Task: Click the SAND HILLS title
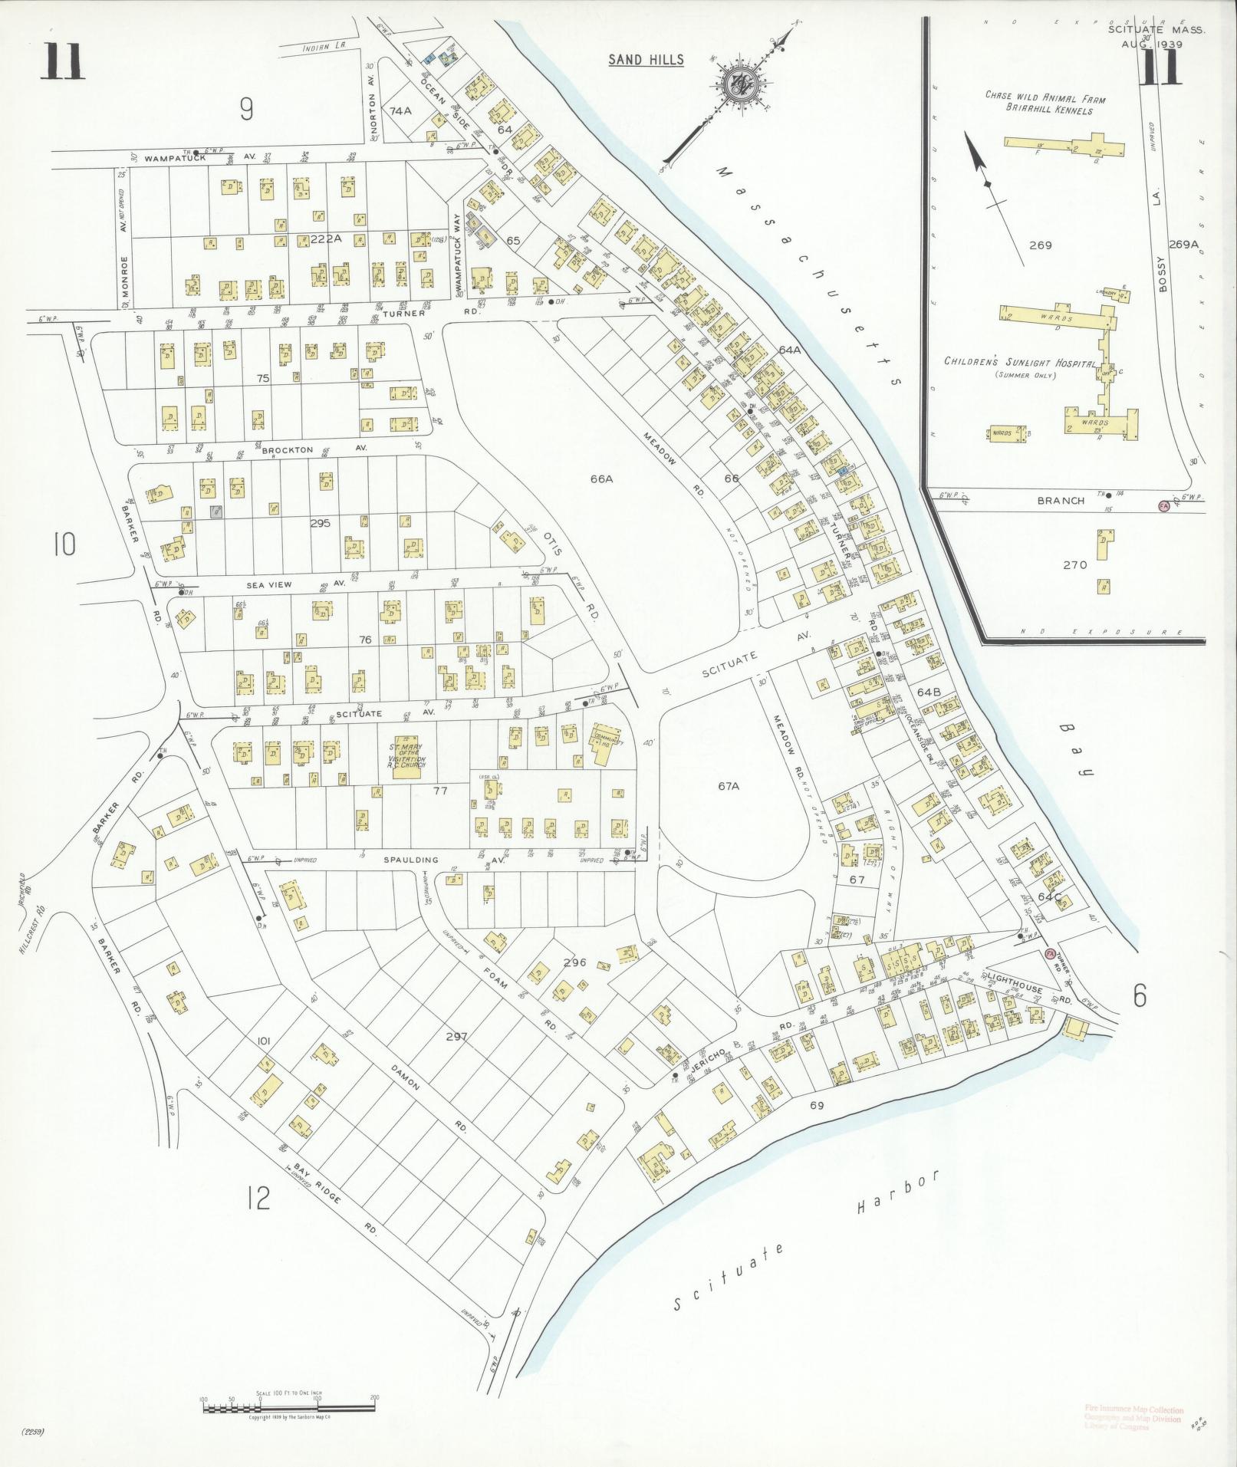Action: [646, 60]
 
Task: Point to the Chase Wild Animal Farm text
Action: [1045, 98]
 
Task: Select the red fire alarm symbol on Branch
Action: [1163, 506]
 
